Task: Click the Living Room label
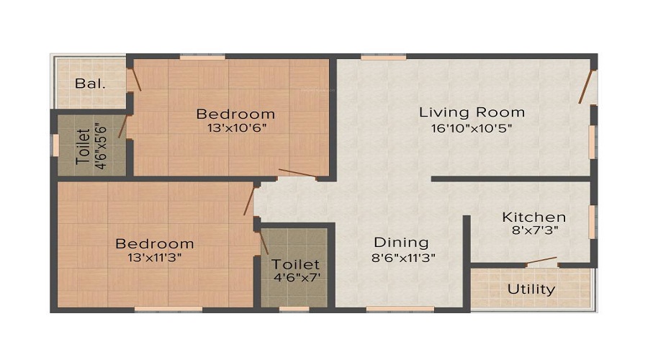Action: click(x=472, y=112)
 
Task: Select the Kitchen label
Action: click(x=534, y=217)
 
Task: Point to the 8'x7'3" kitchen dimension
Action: click(x=534, y=231)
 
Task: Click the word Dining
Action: click(x=401, y=243)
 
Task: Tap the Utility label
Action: click(x=531, y=289)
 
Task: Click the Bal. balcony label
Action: click(x=91, y=83)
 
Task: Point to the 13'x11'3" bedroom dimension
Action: click(x=155, y=258)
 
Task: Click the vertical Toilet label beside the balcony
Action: click(x=84, y=146)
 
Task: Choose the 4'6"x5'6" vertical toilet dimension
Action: click(x=102, y=146)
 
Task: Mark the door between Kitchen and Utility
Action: click(x=541, y=261)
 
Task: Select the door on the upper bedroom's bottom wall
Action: click(x=297, y=173)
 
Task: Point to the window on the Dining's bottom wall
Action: click(x=390, y=310)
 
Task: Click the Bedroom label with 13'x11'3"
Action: click(x=155, y=244)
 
